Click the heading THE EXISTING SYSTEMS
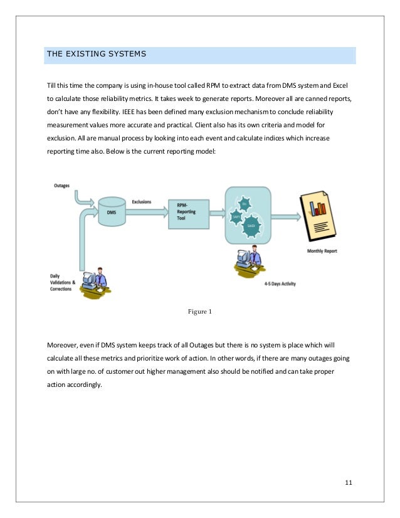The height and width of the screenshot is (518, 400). point(97,55)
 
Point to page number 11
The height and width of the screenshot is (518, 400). point(349,482)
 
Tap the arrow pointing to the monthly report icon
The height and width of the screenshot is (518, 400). point(285,218)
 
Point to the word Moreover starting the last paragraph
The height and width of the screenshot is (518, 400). point(62,344)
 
